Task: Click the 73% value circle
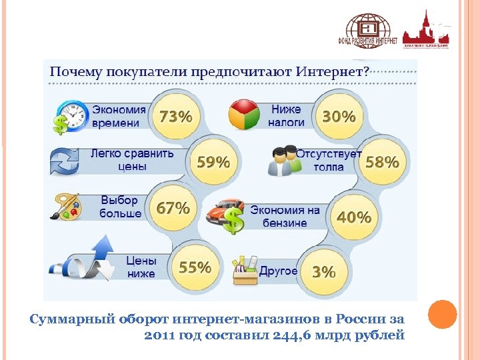point(175,117)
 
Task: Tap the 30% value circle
point(339,116)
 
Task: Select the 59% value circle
point(213,162)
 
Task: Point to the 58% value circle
point(382,161)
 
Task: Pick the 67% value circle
point(173,208)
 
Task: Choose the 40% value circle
point(353,217)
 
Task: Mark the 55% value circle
point(195,267)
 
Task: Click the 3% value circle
point(324,271)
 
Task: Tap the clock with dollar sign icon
point(69,117)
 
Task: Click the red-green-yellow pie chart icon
point(245,115)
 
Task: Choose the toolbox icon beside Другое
point(244,270)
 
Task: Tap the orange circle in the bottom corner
point(441,315)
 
